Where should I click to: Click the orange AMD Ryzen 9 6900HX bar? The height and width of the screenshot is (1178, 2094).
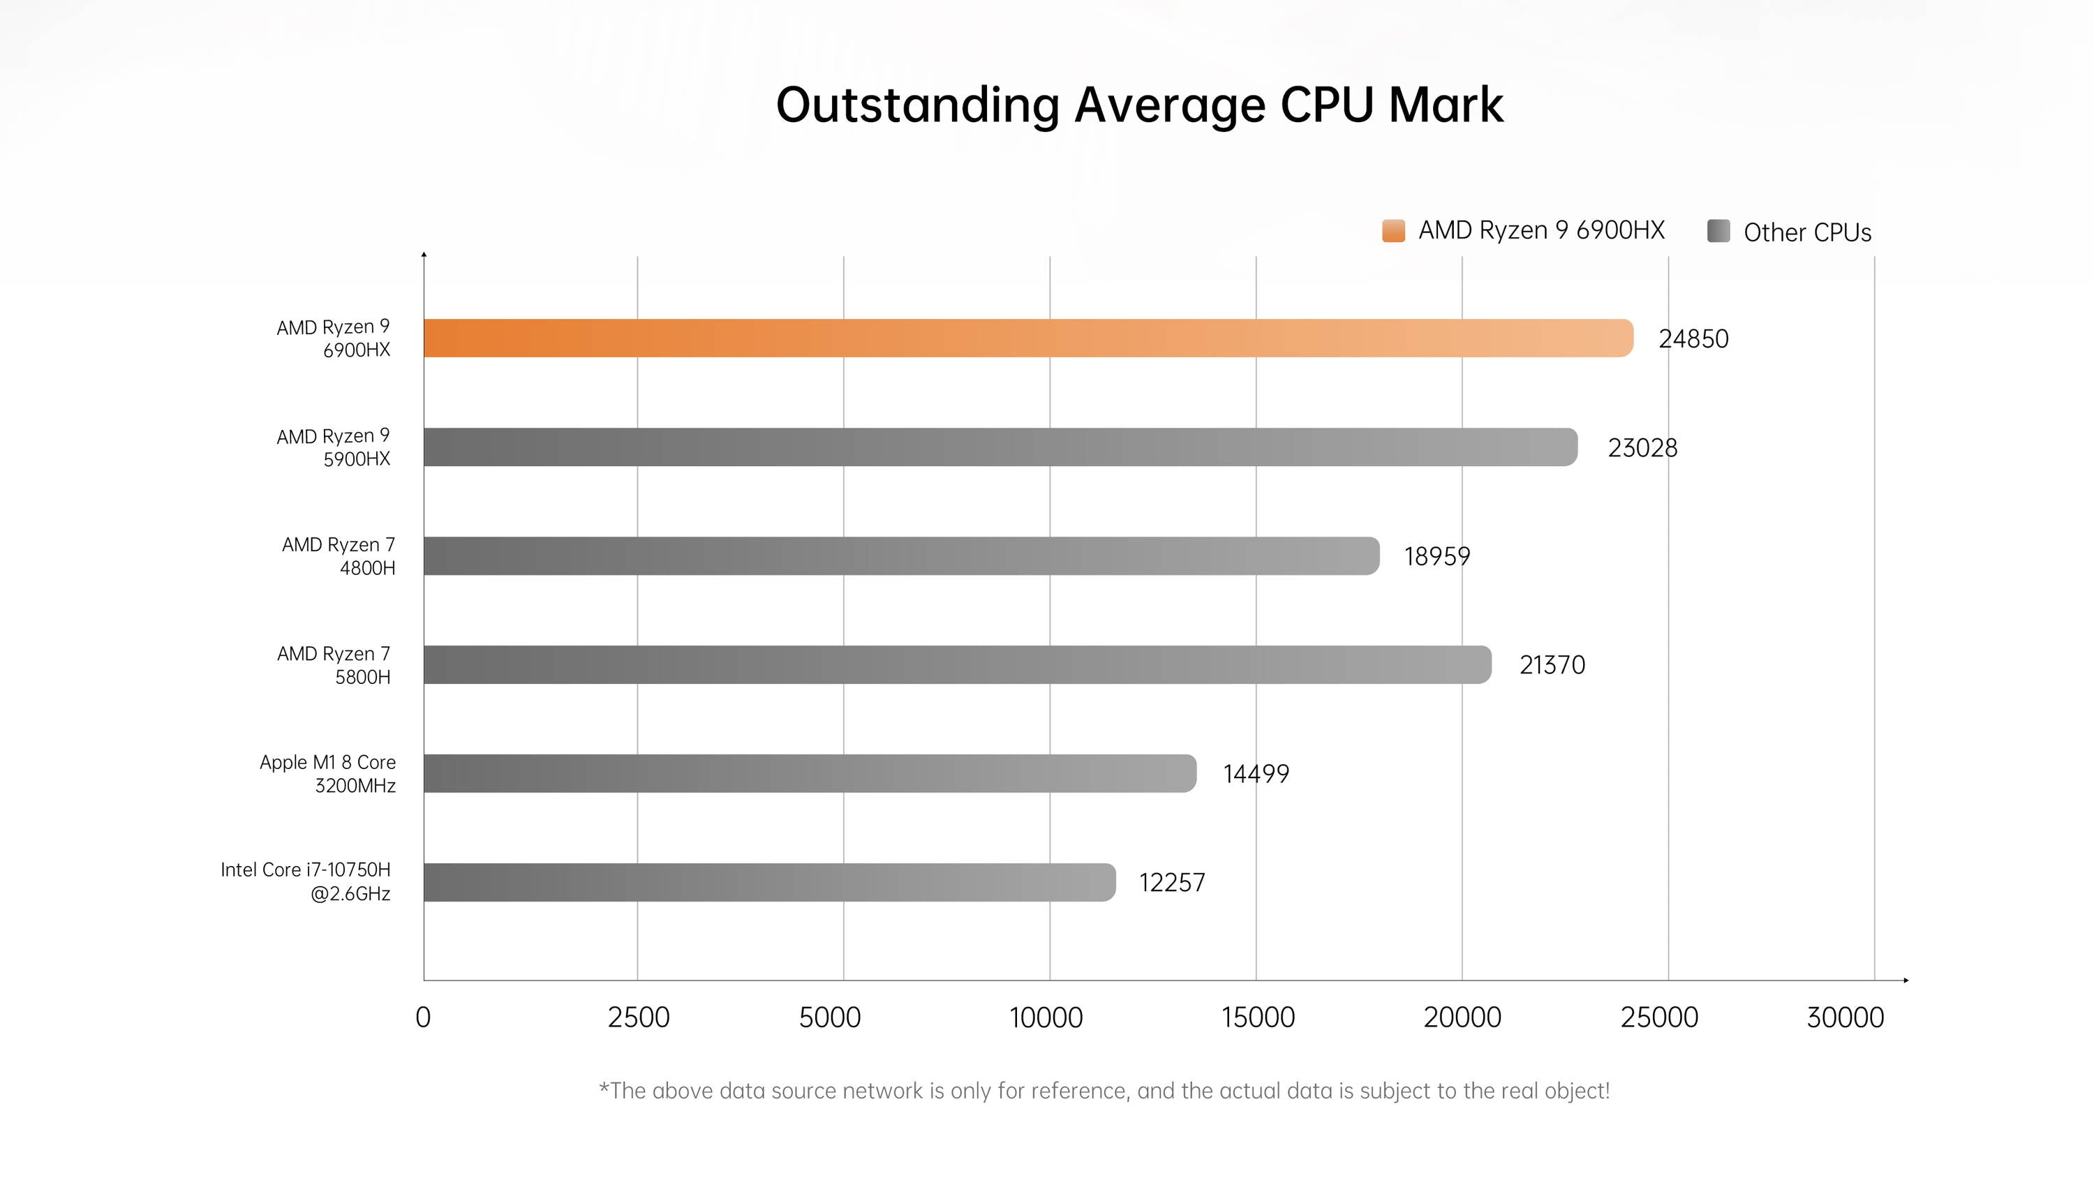(1027, 338)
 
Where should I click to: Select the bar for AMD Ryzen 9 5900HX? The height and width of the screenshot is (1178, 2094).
(1000, 447)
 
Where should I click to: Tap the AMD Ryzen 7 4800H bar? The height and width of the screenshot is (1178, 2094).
(900, 556)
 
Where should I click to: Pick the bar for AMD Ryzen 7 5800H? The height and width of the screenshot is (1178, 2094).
(957, 665)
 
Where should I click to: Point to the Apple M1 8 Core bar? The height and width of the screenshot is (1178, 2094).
(809, 773)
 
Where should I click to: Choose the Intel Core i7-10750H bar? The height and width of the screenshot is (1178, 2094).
(769, 882)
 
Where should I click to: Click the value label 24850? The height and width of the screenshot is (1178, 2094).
(1693, 339)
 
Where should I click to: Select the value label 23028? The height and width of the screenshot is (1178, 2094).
(1642, 448)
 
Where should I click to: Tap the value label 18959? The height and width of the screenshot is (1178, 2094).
(1436, 557)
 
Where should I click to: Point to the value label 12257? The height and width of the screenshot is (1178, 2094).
(1171, 883)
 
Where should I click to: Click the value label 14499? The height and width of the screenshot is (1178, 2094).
(1256, 774)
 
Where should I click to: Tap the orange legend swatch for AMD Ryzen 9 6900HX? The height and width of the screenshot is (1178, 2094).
(1393, 231)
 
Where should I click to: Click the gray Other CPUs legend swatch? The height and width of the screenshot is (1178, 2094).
(1718, 231)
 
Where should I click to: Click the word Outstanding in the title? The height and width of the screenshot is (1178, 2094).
(918, 105)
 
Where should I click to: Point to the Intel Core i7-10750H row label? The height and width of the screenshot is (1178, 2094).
(306, 882)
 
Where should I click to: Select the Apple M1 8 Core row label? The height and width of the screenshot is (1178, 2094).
(327, 774)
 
